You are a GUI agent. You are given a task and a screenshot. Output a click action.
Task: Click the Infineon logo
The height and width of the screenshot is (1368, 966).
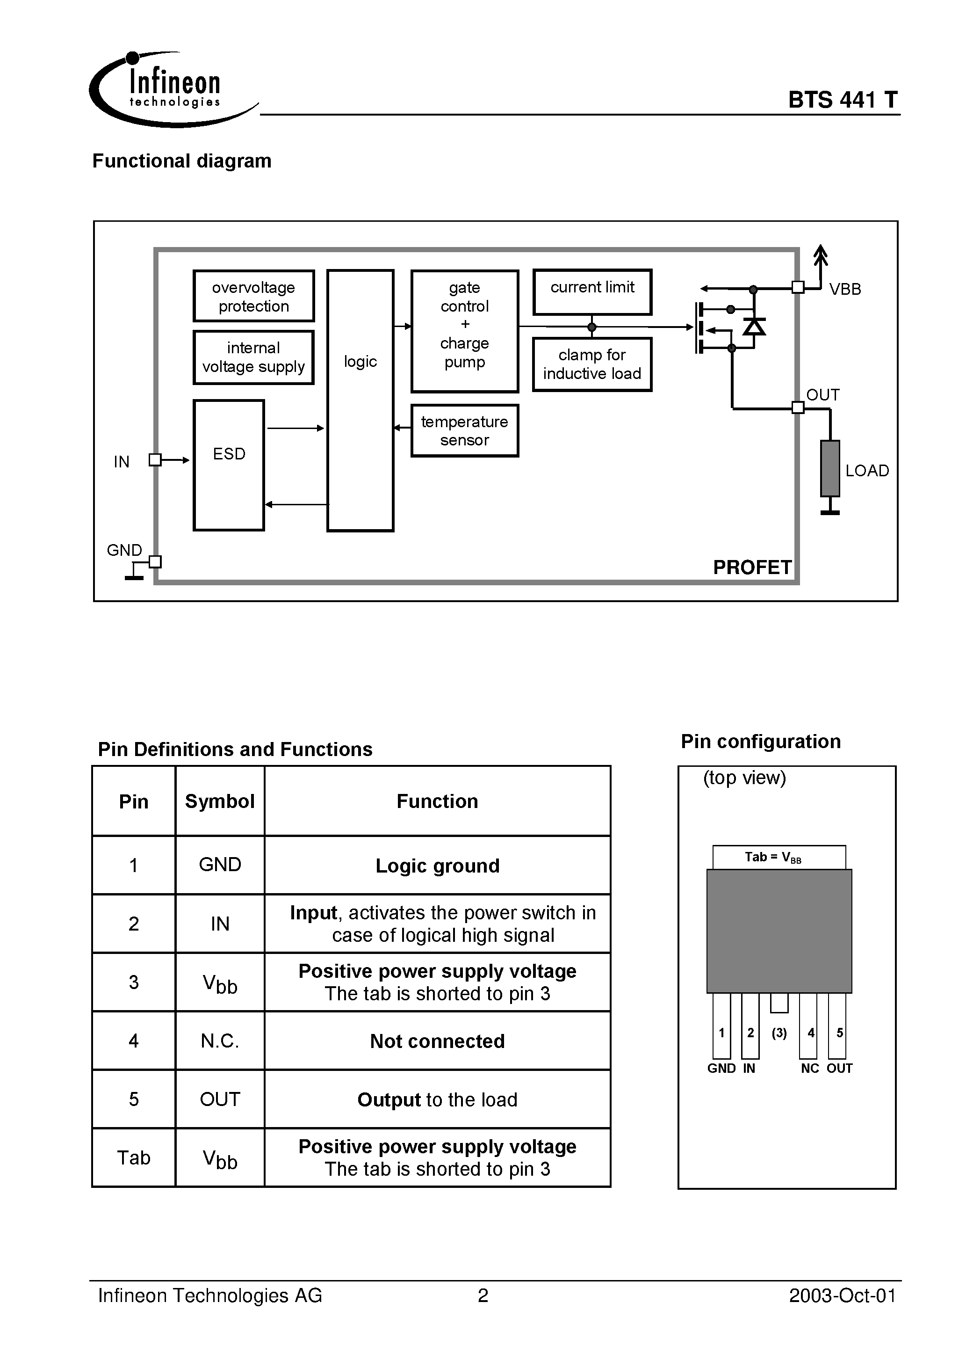173,89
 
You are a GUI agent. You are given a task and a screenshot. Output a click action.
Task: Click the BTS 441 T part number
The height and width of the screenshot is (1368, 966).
843,100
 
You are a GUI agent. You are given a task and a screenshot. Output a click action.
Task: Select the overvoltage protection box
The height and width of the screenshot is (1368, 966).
254,296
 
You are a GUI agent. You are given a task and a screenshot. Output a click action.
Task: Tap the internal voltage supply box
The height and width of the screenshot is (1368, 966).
254,357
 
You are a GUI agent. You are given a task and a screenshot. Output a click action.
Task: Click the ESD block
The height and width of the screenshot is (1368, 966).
229,465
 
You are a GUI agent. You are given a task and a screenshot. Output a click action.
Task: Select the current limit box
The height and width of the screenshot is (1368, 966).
592,292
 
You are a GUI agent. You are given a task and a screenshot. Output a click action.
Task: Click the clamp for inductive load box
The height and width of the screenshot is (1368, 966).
592,364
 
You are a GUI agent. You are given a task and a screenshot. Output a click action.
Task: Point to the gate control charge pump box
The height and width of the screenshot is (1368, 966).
465,331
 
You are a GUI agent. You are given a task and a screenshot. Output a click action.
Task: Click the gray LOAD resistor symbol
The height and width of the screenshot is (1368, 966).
830,468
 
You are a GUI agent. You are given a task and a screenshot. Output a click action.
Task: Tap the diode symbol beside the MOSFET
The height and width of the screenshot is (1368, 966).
754,327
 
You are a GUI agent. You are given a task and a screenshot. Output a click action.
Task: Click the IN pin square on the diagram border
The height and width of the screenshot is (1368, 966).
155,459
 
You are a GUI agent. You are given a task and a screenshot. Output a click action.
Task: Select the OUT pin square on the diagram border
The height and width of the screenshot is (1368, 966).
798,407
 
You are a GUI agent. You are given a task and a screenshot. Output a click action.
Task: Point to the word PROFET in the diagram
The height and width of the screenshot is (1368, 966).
752,567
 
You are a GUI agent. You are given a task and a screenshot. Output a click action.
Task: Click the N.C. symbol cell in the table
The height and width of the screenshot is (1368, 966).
220,1041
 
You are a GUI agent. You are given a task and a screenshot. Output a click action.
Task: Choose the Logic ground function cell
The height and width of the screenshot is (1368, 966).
438,865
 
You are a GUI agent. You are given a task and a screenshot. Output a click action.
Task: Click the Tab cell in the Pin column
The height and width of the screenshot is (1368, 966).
133,1157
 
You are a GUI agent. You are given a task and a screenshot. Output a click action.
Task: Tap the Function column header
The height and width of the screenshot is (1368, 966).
438,801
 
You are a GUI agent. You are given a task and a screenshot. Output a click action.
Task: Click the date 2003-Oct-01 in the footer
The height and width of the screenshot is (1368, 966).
842,1296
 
